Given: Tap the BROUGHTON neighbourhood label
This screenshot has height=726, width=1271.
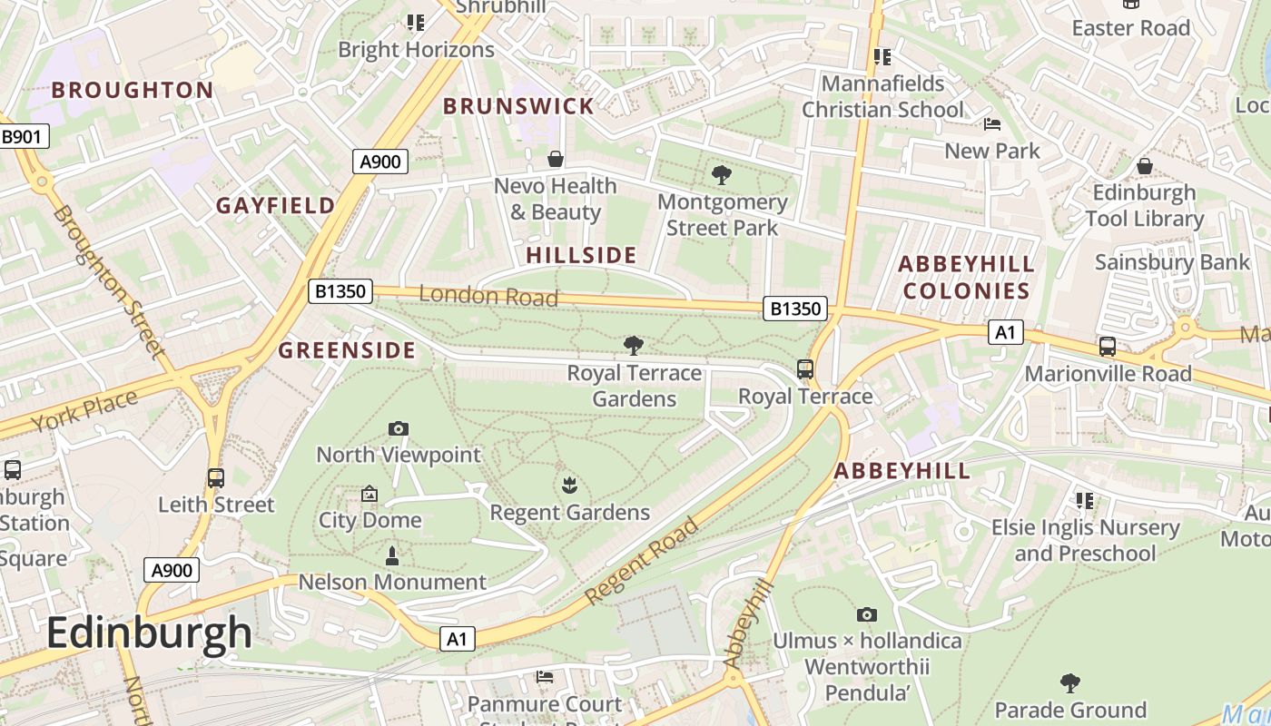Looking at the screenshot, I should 133,90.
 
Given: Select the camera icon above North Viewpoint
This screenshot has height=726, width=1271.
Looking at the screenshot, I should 398,428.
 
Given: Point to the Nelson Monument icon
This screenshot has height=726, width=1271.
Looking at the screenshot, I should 392,555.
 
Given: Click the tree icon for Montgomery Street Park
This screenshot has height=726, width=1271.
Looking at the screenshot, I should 722,175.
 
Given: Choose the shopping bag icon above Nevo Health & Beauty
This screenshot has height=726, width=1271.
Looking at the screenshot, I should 555,160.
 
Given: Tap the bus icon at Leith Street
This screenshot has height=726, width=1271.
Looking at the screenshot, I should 216,477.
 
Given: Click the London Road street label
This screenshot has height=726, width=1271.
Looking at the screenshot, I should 488,296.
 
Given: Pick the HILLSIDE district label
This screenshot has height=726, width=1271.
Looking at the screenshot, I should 581,255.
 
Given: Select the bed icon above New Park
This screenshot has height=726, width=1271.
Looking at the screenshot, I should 992,123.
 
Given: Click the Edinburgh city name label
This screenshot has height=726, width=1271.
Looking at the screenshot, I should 149,633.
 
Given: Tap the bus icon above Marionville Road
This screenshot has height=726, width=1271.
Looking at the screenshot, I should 1108,347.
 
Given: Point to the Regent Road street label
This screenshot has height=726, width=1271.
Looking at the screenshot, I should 643,561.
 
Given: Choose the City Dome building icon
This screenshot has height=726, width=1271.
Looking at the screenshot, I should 369,494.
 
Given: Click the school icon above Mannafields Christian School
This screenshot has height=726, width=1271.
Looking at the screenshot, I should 882,57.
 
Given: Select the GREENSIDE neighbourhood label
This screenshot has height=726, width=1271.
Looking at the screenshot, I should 347,350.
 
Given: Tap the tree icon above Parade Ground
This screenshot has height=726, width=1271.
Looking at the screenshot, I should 1070,682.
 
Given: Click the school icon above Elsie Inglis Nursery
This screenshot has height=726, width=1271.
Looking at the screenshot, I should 1084,500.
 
